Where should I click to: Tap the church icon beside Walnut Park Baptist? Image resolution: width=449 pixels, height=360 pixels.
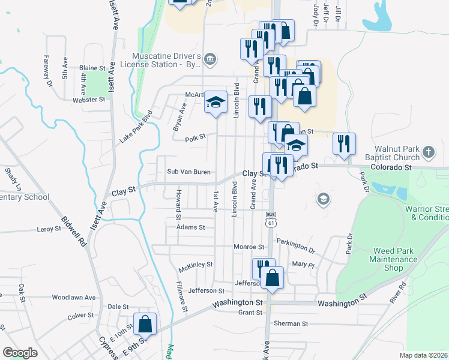pos(429,152)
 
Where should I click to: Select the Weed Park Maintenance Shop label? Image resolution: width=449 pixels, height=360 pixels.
pos(395,259)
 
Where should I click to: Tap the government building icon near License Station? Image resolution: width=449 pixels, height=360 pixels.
pos(210,59)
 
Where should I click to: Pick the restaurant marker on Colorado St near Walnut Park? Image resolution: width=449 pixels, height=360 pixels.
pos(344,144)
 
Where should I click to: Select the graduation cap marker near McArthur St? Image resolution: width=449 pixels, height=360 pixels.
pos(215,103)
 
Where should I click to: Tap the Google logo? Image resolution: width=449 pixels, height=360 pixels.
pos(20,353)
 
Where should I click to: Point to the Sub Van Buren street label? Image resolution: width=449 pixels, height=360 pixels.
pos(188,172)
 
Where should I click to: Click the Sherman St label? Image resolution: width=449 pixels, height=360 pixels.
pos(291,323)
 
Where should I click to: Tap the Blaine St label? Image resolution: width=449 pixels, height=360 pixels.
pos(92,68)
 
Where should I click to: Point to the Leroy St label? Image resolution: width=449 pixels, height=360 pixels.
pos(49,229)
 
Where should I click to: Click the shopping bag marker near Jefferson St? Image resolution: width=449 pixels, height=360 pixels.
pos(273,278)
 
